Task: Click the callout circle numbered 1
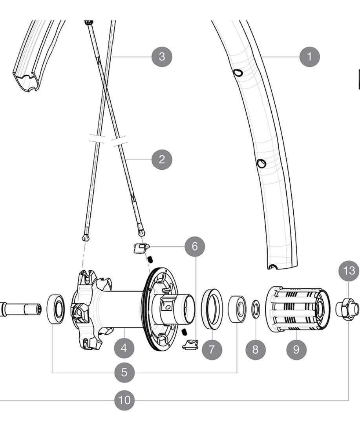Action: tap(310, 57)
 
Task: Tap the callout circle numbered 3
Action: tap(162, 57)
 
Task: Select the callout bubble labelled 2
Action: tap(162, 159)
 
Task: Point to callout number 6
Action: tap(195, 246)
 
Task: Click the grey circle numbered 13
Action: tap(349, 271)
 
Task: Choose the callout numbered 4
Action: tap(124, 348)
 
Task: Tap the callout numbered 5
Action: tap(124, 372)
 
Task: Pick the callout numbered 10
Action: tap(124, 400)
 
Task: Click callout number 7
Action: tap(212, 350)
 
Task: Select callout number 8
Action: tap(256, 350)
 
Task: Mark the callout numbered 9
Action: tap(296, 350)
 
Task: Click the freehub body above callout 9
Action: tap(298, 309)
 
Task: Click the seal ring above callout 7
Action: tap(212, 309)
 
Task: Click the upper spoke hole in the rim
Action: tap(238, 73)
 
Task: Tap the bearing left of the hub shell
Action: tap(57, 309)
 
